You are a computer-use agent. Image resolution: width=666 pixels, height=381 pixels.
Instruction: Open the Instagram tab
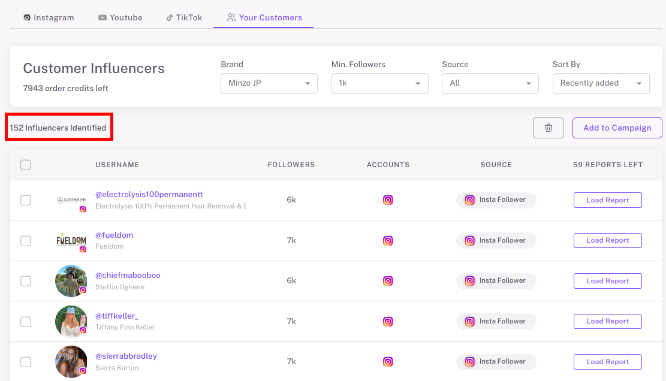tap(49, 17)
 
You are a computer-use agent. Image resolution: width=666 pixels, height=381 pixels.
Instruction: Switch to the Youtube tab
tap(120, 17)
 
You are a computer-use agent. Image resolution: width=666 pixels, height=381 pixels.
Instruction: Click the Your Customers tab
tap(264, 17)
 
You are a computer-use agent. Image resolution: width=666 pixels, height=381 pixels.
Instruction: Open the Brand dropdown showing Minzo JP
tap(269, 83)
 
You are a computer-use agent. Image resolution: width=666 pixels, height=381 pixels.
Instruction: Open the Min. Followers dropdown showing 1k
tap(379, 83)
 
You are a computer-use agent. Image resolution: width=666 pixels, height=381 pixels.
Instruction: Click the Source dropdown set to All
tap(490, 83)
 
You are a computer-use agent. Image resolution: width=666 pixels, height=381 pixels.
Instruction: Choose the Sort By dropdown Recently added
tap(601, 83)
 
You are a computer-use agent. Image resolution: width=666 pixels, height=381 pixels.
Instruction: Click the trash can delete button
tap(548, 128)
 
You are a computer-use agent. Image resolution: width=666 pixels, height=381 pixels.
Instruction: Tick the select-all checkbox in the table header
tap(26, 165)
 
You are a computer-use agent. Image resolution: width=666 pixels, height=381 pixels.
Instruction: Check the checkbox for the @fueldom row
tap(26, 241)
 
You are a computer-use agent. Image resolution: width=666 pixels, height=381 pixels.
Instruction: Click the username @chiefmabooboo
tap(128, 276)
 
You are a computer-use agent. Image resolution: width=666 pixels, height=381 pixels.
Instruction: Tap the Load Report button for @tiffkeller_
tap(607, 321)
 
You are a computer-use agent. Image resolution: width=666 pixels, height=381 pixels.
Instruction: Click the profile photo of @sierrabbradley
tap(71, 361)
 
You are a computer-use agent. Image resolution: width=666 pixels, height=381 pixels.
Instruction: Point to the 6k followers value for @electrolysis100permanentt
tap(291, 200)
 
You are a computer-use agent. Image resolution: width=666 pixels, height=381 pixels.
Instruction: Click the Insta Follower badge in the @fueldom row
tap(496, 240)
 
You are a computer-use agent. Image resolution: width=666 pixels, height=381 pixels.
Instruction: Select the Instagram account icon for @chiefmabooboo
tap(388, 281)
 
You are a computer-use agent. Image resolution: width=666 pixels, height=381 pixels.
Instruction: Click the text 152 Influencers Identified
tap(58, 128)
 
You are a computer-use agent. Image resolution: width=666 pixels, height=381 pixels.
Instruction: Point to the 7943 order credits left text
tap(65, 88)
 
